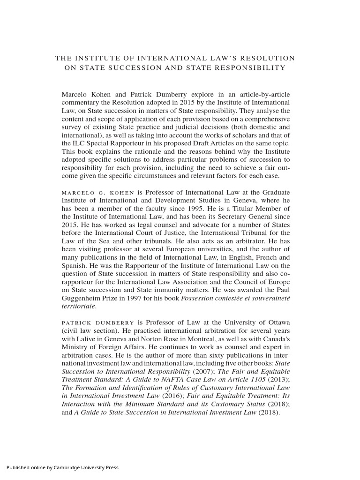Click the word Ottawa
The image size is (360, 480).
(x=276, y=322)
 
